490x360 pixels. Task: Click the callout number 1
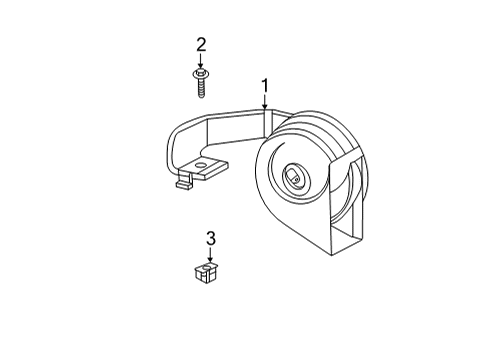pos(265,85)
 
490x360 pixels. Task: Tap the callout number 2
pos(201,44)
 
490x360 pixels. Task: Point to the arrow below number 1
pos(265,102)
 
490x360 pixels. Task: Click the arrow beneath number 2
pos(201,61)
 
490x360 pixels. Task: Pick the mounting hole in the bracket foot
pos(205,164)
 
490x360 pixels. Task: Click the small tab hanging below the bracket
pos(183,183)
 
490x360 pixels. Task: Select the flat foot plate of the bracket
pos(205,170)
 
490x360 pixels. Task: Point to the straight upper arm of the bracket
pos(225,118)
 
